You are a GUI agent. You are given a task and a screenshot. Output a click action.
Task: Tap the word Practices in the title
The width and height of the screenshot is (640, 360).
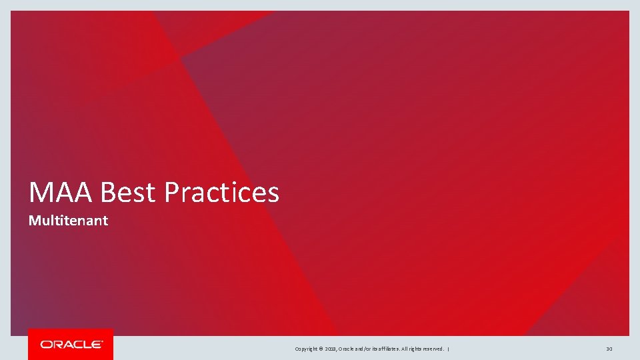click(221, 193)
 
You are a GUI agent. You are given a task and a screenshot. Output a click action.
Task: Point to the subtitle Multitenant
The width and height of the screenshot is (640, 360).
click(68, 221)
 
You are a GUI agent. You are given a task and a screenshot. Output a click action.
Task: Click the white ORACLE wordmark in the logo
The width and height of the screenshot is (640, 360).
click(71, 345)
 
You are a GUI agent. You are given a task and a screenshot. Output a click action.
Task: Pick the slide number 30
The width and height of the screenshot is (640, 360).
click(609, 349)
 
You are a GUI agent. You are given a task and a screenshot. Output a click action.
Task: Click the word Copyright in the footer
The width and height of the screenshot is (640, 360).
click(306, 349)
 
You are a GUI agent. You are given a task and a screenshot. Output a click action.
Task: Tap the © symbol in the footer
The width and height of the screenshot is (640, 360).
click(322, 349)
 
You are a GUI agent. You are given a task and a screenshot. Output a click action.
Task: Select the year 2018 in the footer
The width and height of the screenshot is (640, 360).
click(331, 349)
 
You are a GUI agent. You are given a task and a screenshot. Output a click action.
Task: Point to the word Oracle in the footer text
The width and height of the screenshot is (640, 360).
click(347, 349)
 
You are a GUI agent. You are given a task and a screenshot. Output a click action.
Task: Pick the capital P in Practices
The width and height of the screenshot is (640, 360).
click(171, 193)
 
